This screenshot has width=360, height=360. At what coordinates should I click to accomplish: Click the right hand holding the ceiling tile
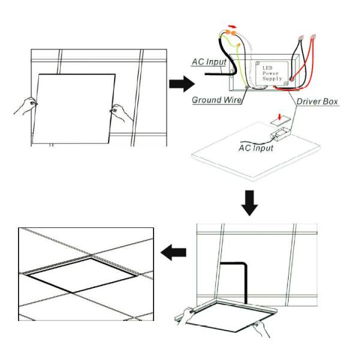117,113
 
